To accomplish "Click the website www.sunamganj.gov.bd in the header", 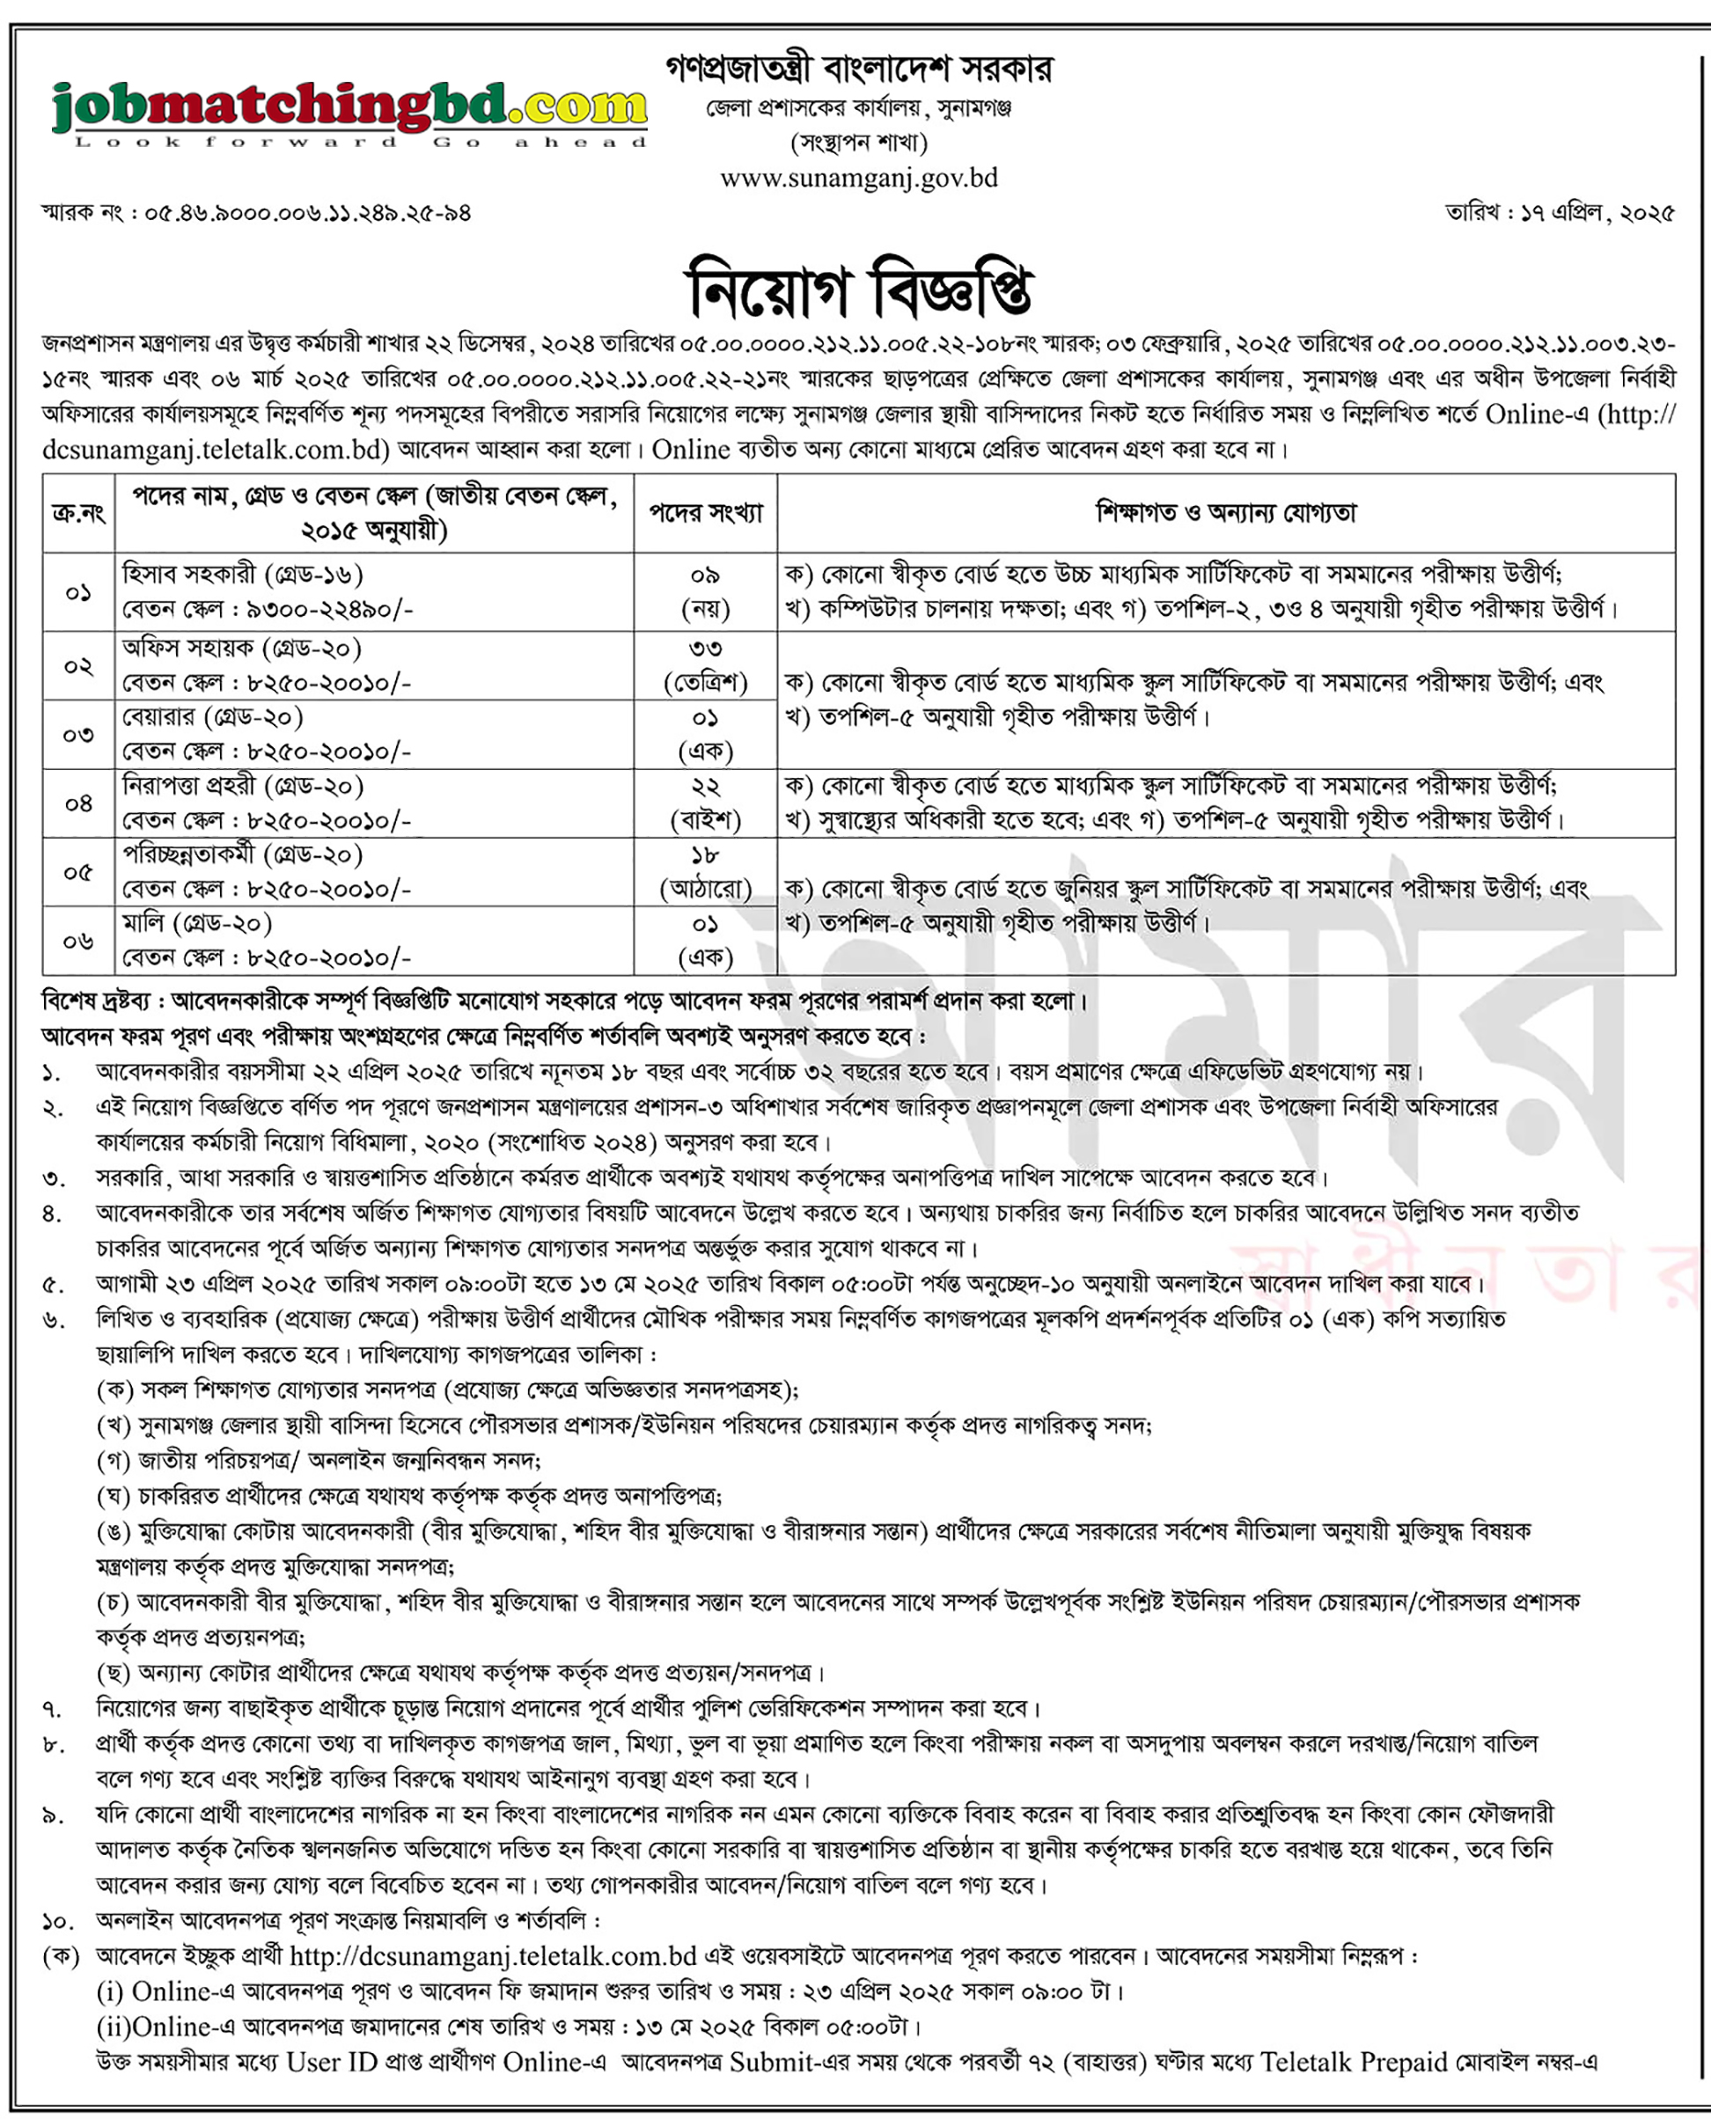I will coord(858,179).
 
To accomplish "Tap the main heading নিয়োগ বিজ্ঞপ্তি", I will coord(858,290).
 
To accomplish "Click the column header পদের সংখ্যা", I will coord(706,514).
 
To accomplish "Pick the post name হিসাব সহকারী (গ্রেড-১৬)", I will coord(242,575).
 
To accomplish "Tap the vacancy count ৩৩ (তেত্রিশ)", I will coord(706,665).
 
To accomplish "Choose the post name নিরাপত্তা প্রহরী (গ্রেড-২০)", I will coord(242,787).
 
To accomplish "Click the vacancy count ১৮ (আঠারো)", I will coord(706,872).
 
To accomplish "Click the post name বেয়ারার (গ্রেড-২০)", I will coord(212,717).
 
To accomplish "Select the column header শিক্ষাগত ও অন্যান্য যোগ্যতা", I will coord(1226,514).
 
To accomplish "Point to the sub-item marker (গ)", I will coord(114,1461).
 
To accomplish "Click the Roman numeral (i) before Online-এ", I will coord(109,1992).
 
